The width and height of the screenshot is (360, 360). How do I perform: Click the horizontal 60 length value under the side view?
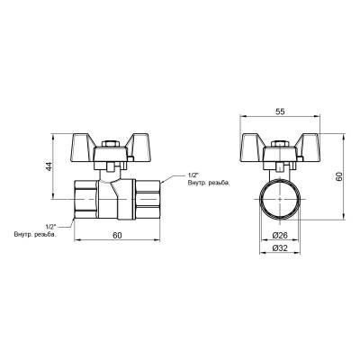point(119,237)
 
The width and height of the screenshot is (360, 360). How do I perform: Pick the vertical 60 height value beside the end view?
point(339,176)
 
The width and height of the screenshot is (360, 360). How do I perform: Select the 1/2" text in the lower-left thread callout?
point(50,227)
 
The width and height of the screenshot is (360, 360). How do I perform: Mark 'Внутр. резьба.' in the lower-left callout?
point(40,236)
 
